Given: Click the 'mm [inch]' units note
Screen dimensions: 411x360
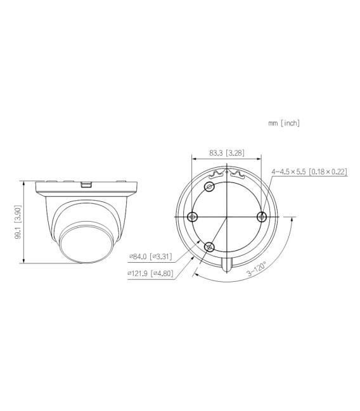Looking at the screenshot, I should click(284, 123).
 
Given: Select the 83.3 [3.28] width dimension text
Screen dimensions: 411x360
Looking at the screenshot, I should click(226, 153).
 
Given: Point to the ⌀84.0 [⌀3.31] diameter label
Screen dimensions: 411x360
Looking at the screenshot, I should click(150, 256).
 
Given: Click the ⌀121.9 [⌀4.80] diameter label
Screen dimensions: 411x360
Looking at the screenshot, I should click(150, 274).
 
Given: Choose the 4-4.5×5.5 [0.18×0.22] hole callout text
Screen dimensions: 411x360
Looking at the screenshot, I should click(309, 172).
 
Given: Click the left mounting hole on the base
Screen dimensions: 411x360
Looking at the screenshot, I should click(193, 217).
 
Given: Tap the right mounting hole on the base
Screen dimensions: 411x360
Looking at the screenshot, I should click(260, 217).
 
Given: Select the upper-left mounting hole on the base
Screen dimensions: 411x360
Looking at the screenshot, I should click(210, 186).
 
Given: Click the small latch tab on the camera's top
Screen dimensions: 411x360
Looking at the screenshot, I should click(87, 185).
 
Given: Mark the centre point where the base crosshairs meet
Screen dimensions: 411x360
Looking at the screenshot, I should click(226, 217).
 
